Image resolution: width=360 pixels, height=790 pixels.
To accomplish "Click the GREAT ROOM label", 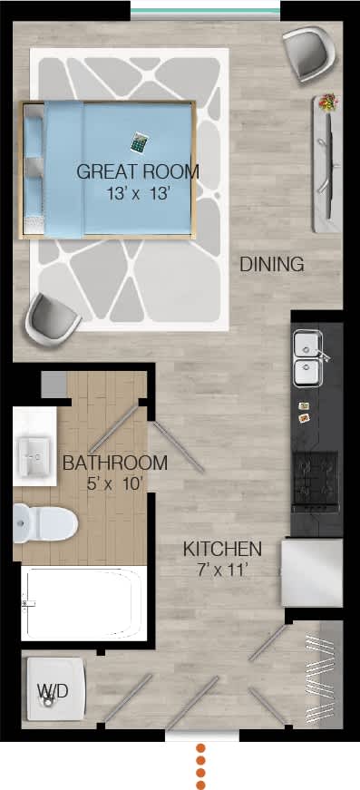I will [x=138, y=171].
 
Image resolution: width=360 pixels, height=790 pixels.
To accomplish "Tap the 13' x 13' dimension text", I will [x=138, y=192].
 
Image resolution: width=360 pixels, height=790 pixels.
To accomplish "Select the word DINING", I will [x=271, y=265].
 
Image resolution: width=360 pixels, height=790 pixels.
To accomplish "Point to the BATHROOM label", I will [x=115, y=463].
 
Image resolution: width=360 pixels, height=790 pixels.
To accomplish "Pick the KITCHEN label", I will [x=222, y=549].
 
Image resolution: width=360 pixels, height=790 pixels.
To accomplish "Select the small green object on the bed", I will [x=139, y=142].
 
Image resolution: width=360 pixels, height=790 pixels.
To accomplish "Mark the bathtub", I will [x=82, y=602].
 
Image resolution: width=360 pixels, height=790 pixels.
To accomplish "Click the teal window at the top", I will [x=205, y=11].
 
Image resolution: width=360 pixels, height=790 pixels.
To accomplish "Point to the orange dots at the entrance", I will [x=202, y=766].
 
